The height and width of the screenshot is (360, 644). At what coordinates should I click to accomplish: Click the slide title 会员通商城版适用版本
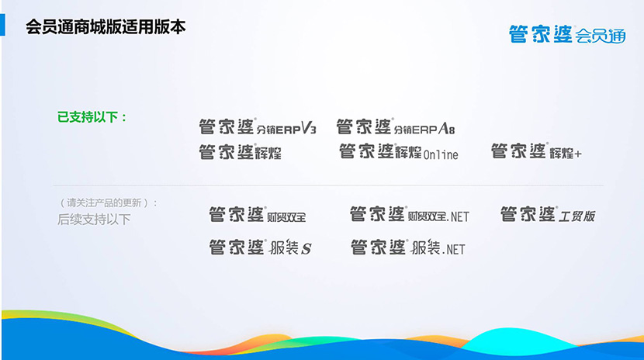[x=106, y=27]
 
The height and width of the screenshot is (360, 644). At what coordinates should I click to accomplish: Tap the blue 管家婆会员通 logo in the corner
[x=567, y=34]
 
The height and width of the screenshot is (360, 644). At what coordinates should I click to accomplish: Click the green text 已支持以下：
[x=92, y=117]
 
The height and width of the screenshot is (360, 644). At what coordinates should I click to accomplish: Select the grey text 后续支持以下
[x=94, y=220]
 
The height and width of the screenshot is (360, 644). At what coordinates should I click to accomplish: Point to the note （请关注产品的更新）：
[x=109, y=202]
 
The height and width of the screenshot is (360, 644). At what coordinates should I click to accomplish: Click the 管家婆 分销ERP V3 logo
[x=258, y=126]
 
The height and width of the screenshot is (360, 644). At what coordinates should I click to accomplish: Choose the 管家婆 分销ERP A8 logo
[x=396, y=126]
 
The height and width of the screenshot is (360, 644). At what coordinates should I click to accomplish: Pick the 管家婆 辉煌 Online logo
[x=398, y=151]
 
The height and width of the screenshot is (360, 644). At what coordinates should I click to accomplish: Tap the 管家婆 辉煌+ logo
[x=536, y=151]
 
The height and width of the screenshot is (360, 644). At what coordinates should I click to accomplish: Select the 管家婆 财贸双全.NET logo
[x=410, y=214]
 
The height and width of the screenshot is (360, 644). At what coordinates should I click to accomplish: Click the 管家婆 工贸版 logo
[x=548, y=214]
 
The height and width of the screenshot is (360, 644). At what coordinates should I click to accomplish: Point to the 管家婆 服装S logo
[x=261, y=247]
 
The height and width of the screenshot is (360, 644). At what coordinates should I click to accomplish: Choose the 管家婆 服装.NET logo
[x=408, y=247]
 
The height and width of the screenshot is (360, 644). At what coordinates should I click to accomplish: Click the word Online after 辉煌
[x=441, y=154]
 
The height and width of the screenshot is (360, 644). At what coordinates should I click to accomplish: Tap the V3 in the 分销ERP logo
[x=309, y=128]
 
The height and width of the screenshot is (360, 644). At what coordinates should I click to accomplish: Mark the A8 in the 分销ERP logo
[x=447, y=129]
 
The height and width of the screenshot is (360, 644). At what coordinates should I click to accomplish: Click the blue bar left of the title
[x=2, y=25]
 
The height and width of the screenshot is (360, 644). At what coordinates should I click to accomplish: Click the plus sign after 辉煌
[x=578, y=154]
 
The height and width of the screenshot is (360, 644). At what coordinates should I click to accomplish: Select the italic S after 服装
[x=306, y=249]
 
